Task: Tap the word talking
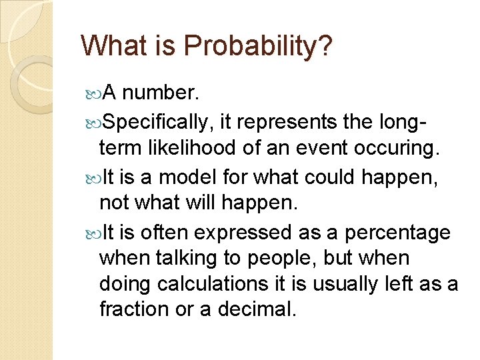pyautogui.click(x=185, y=259)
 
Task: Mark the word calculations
pyautogui.click(x=221, y=285)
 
